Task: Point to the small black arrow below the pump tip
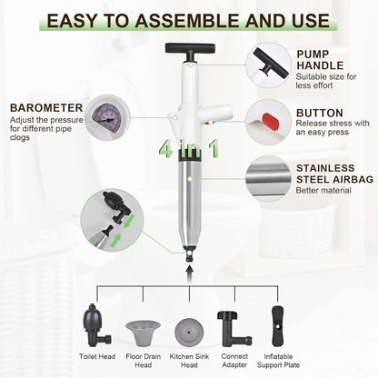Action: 189,269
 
